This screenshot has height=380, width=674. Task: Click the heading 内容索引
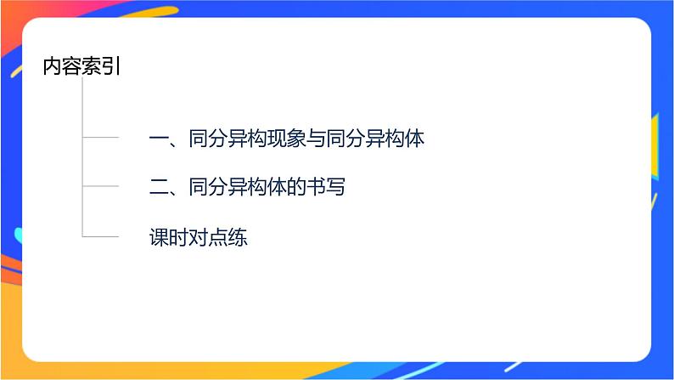tap(81, 67)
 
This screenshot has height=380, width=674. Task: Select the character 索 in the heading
tap(92, 67)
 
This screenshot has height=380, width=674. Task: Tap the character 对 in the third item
tap(199, 237)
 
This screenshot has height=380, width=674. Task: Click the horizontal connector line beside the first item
tap(100, 137)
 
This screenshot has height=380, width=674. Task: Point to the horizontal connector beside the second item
tap(100, 186)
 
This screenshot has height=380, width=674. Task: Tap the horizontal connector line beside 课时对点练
tap(100, 236)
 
